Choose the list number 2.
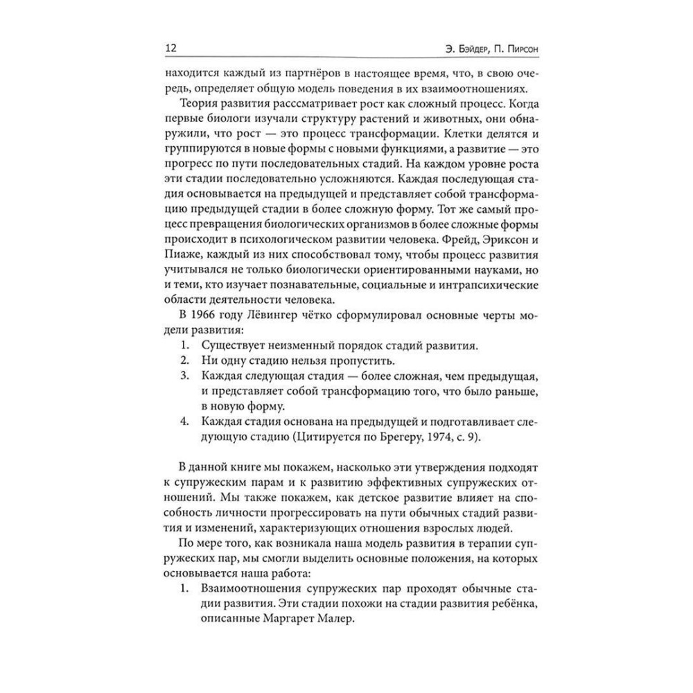coord(184,360)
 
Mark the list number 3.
coord(184,376)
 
